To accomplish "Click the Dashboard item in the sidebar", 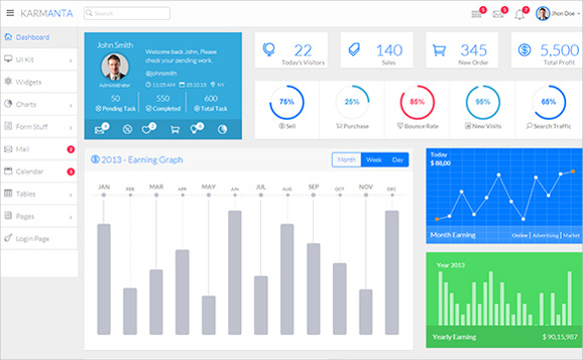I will [32, 37].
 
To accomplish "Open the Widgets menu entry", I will [29, 82].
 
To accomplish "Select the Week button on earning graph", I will [373, 160].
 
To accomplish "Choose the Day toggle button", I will [398, 160].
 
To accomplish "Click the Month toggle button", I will [346, 160].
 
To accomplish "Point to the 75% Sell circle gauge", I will [287, 103].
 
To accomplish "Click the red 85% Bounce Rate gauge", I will [417, 103].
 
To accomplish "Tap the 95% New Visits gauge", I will [483, 103].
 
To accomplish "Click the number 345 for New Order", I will [473, 50].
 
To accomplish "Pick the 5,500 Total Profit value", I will [557, 50].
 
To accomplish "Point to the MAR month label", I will [155, 186].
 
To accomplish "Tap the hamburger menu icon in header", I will [10, 14].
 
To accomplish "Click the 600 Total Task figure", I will [210, 98].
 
